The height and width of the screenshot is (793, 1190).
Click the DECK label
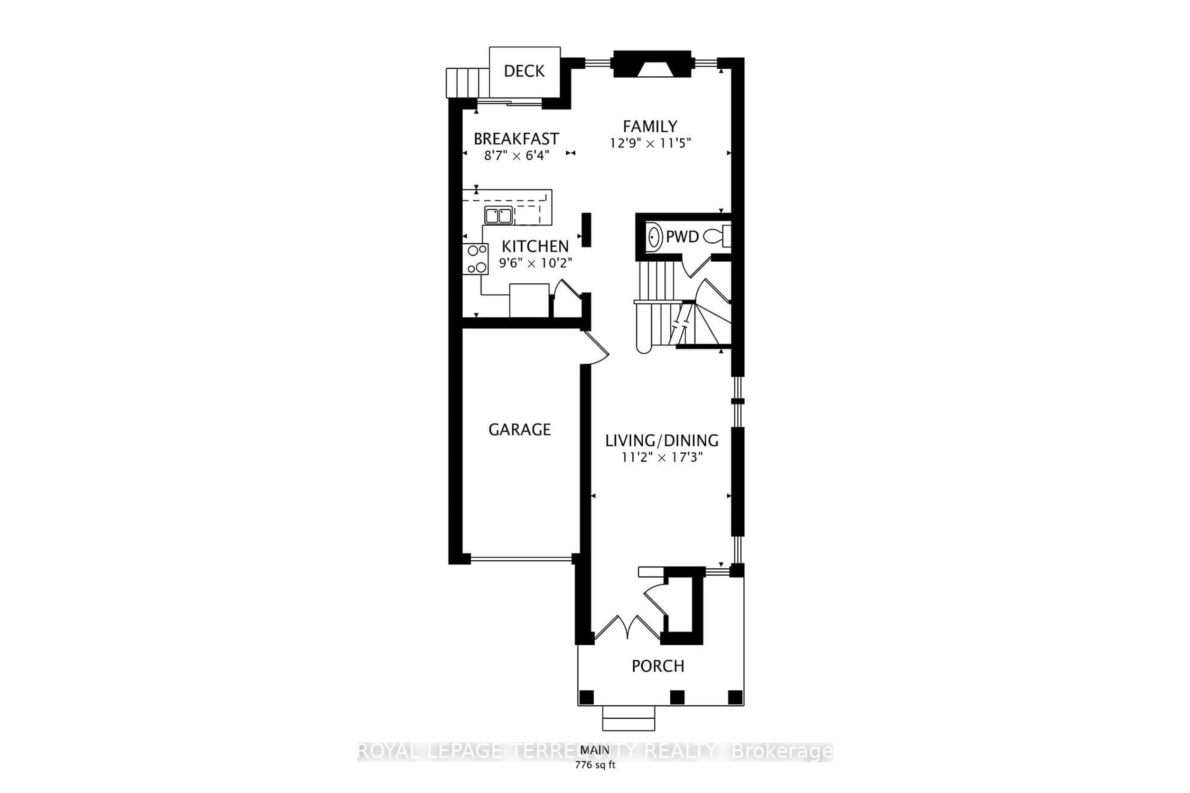524,71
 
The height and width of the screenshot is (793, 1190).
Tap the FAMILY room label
650,126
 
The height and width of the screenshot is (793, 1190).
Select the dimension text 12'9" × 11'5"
650,144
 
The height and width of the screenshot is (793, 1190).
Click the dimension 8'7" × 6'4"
516,156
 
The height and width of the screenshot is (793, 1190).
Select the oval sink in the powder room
654,236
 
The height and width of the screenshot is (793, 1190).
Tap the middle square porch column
677,697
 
